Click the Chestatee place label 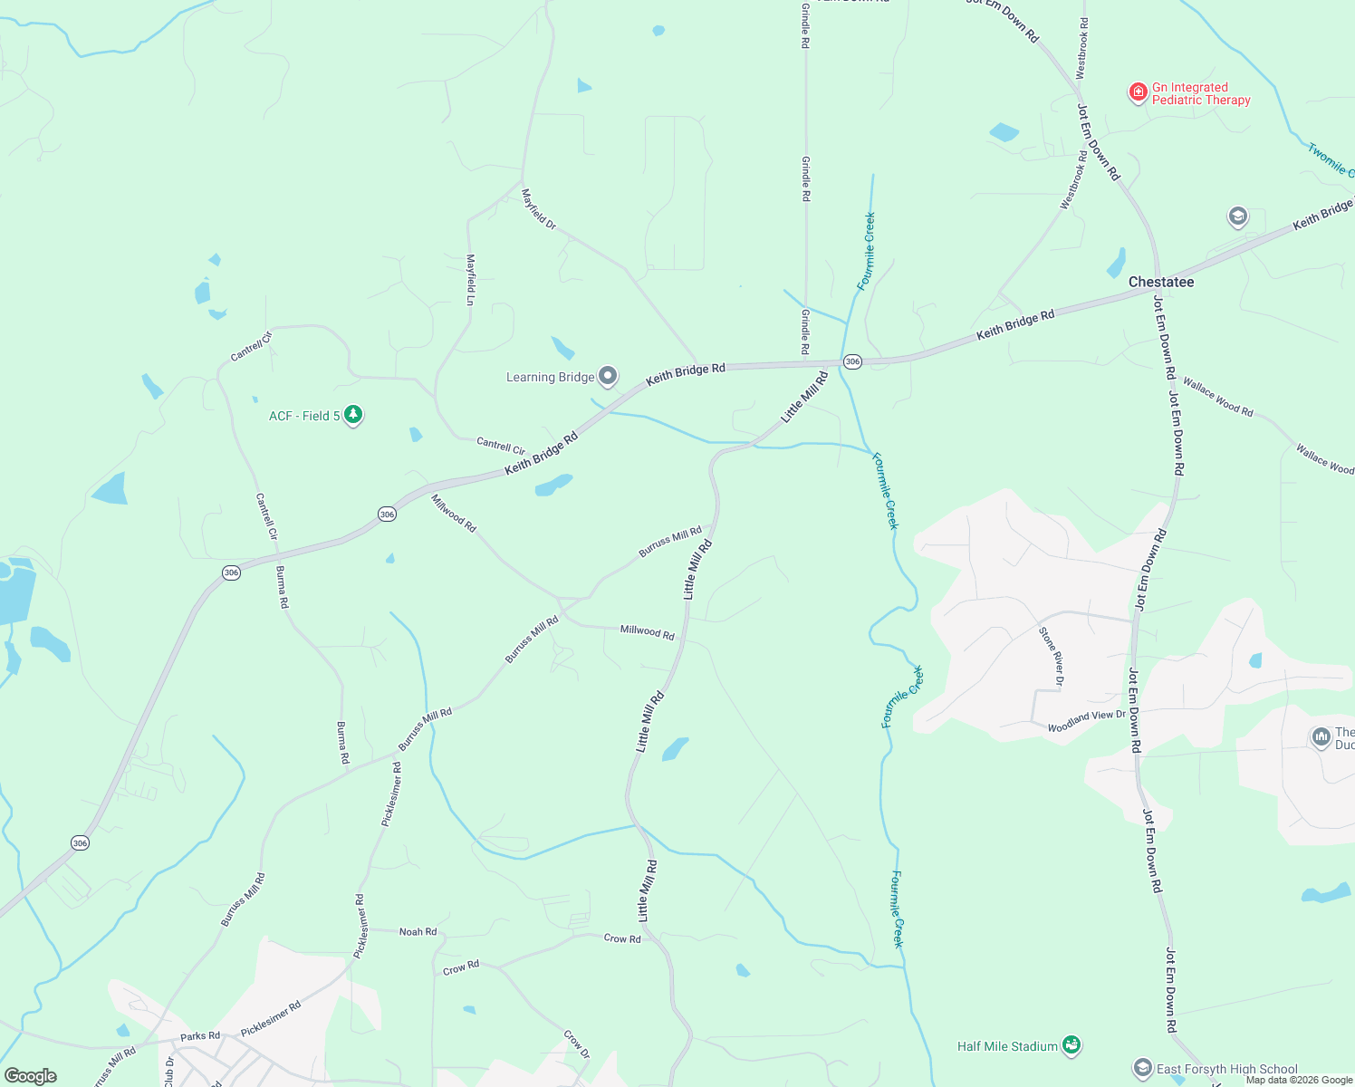pyautogui.click(x=1160, y=282)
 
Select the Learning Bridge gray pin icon pyautogui.click(x=608, y=376)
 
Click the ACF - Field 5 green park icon pyautogui.click(x=353, y=415)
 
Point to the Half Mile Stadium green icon pyautogui.click(x=1072, y=1045)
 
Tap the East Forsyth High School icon pyautogui.click(x=1143, y=1069)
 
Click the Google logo pyautogui.click(x=31, y=1076)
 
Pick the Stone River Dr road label pyautogui.click(x=1051, y=655)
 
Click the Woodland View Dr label pyautogui.click(x=1086, y=721)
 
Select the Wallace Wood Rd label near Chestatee pyautogui.click(x=1217, y=397)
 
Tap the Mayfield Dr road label pyautogui.click(x=538, y=208)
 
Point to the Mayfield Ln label pyautogui.click(x=470, y=279)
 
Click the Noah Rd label pyautogui.click(x=418, y=931)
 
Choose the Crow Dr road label pyautogui.click(x=576, y=1044)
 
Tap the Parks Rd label pyautogui.click(x=200, y=1035)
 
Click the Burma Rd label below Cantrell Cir pyautogui.click(x=283, y=586)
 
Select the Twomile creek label pyautogui.click(x=1330, y=159)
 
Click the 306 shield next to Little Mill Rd pyautogui.click(x=851, y=361)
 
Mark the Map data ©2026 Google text pyautogui.click(x=1299, y=1080)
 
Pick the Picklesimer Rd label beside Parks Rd pyautogui.click(x=271, y=1019)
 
